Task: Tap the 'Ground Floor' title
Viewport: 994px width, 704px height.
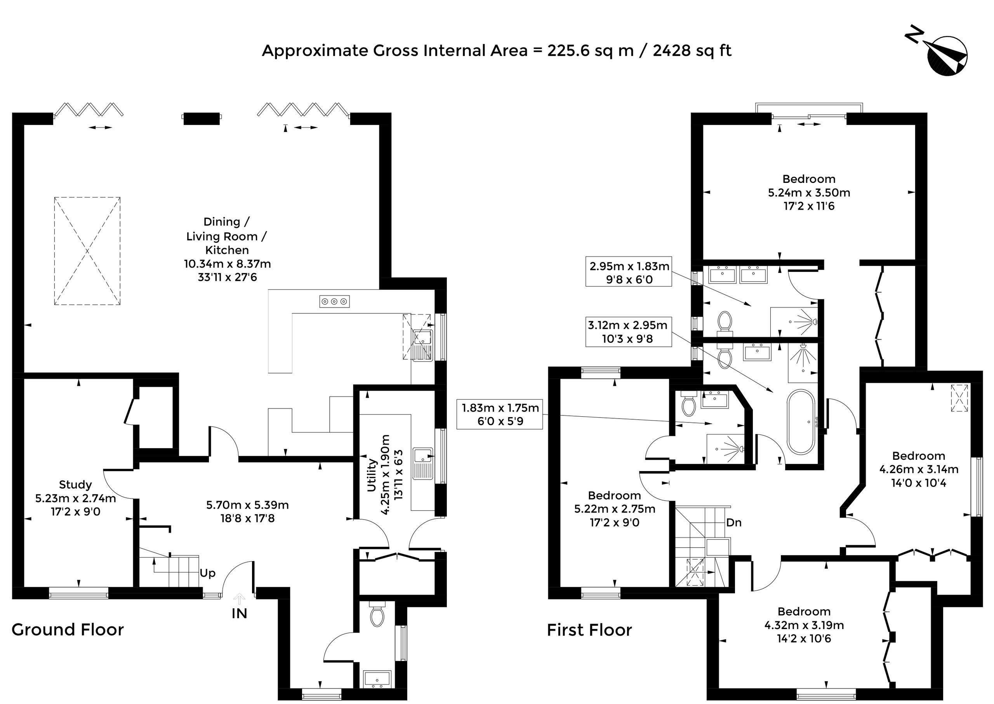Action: coord(68,629)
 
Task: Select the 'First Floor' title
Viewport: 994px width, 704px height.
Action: coord(589,630)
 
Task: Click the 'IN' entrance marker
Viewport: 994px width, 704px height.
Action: coord(239,614)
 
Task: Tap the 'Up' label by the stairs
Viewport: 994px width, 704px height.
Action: coord(208,573)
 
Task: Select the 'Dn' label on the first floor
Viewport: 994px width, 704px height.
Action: coord(734,522)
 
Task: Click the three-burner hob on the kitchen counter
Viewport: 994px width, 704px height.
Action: coord(334,301)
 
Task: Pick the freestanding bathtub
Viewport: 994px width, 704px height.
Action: coord(801,422)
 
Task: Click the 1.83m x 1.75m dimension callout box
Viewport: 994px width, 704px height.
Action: coord(500,414)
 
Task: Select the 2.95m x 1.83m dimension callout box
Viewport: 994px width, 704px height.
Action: coord(629,272)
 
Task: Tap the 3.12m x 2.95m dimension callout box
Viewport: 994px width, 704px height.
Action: coord(628,332)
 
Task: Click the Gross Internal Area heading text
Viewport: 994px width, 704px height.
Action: coord(497,51)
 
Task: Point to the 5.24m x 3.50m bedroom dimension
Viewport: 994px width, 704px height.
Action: coord(809,193)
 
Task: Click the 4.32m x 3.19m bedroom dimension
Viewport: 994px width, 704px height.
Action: coord(804,625)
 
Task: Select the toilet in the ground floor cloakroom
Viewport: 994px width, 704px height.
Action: coord(377,613)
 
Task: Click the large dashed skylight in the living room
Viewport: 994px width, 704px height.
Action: coord(87,251)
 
